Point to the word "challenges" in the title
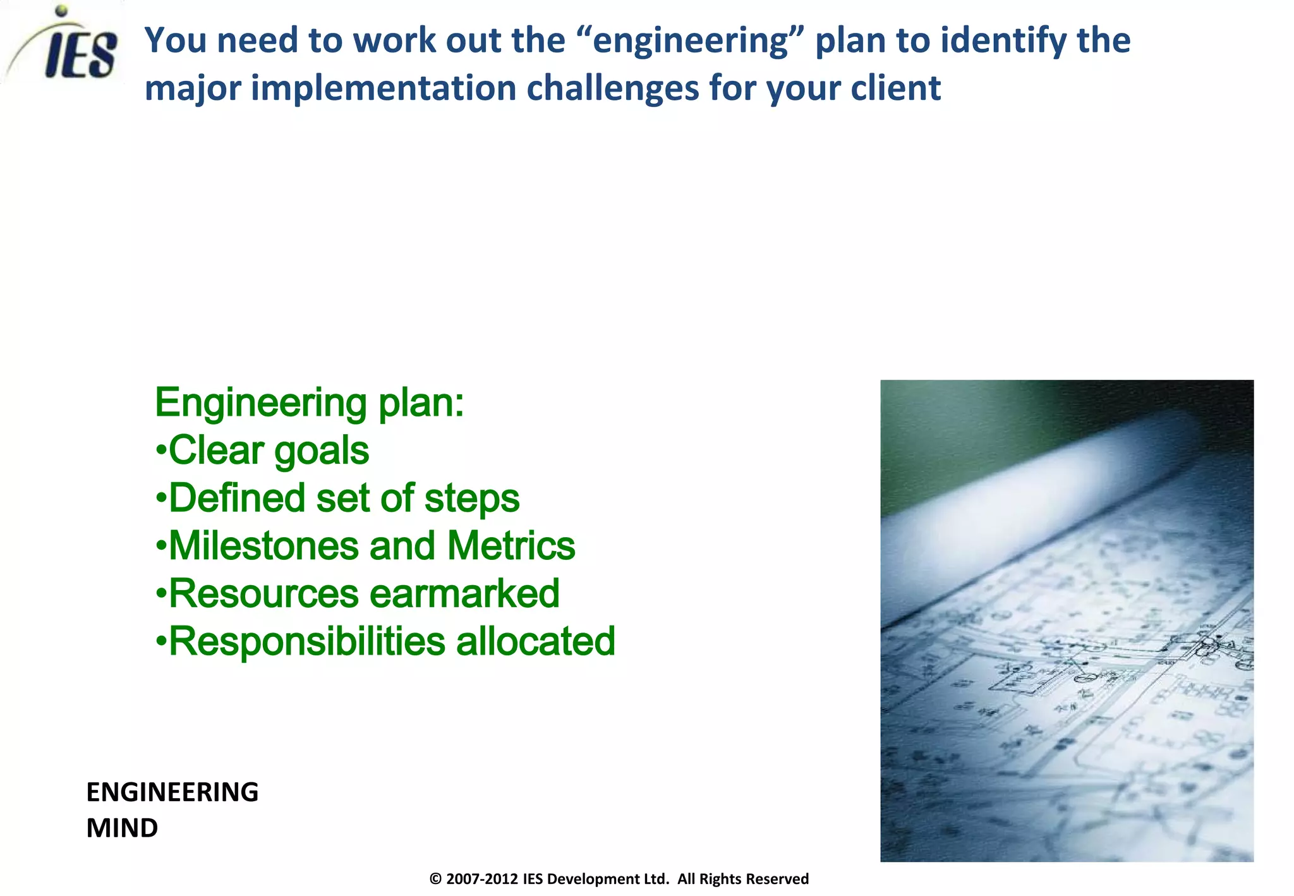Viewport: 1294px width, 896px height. pos(613,88)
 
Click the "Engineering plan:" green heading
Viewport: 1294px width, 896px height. pos(309,403)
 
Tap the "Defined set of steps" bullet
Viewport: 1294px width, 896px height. pos(337,498)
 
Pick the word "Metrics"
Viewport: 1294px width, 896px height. pos(511,546)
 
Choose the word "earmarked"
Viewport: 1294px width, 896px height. pos(464,594)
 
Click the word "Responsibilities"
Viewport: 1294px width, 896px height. pos(307,641)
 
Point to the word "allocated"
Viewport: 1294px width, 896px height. pos(535,641)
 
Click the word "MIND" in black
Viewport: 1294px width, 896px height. pos(122,828)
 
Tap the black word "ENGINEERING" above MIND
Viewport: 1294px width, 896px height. pos(172,792)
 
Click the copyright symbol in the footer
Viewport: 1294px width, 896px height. pos(435,879)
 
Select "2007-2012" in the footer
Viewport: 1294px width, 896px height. pos(482,879)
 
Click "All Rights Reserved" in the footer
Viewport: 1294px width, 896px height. pos(743,879)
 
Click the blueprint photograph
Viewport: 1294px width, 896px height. pos(1067,621)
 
